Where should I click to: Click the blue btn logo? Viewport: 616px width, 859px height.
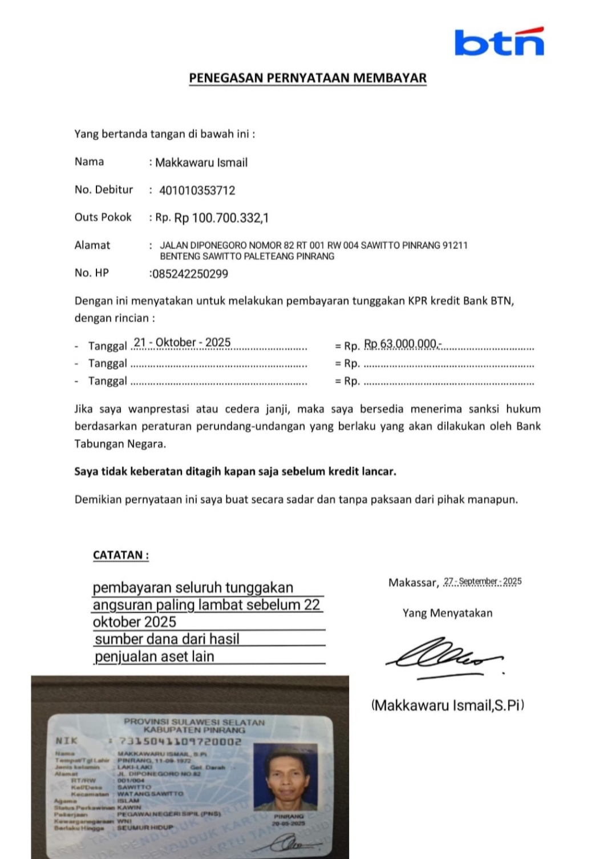pos(499,42)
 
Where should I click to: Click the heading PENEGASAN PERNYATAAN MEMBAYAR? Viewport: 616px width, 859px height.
pos(307,78)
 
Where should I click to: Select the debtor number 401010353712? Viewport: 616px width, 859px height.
pos(197,190)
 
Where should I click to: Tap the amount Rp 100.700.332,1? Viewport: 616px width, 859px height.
pos(221,218)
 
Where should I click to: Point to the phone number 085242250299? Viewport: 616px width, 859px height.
pos(190,274)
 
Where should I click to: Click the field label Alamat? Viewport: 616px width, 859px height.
pos(92,245)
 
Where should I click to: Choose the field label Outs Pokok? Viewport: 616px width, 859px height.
pos(103,217)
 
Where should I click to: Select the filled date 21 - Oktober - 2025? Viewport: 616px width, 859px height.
pos(182,343)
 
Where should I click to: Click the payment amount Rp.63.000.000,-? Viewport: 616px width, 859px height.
pos(402,344)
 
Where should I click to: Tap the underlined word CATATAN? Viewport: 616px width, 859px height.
pos(120,555)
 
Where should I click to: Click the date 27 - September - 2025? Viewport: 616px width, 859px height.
pos(483,581)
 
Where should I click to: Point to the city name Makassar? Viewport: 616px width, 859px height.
pos(412,583)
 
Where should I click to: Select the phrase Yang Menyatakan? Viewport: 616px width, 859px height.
pos(447,613)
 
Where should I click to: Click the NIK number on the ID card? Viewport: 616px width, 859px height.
pos(180,741)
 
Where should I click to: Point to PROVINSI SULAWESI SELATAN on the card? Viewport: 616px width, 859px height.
pos(194,722)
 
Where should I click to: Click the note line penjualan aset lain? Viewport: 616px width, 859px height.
pos(155,657)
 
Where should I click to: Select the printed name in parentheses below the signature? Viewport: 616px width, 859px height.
pos(448,705)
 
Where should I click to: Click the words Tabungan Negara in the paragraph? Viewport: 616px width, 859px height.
pos(120,443)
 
